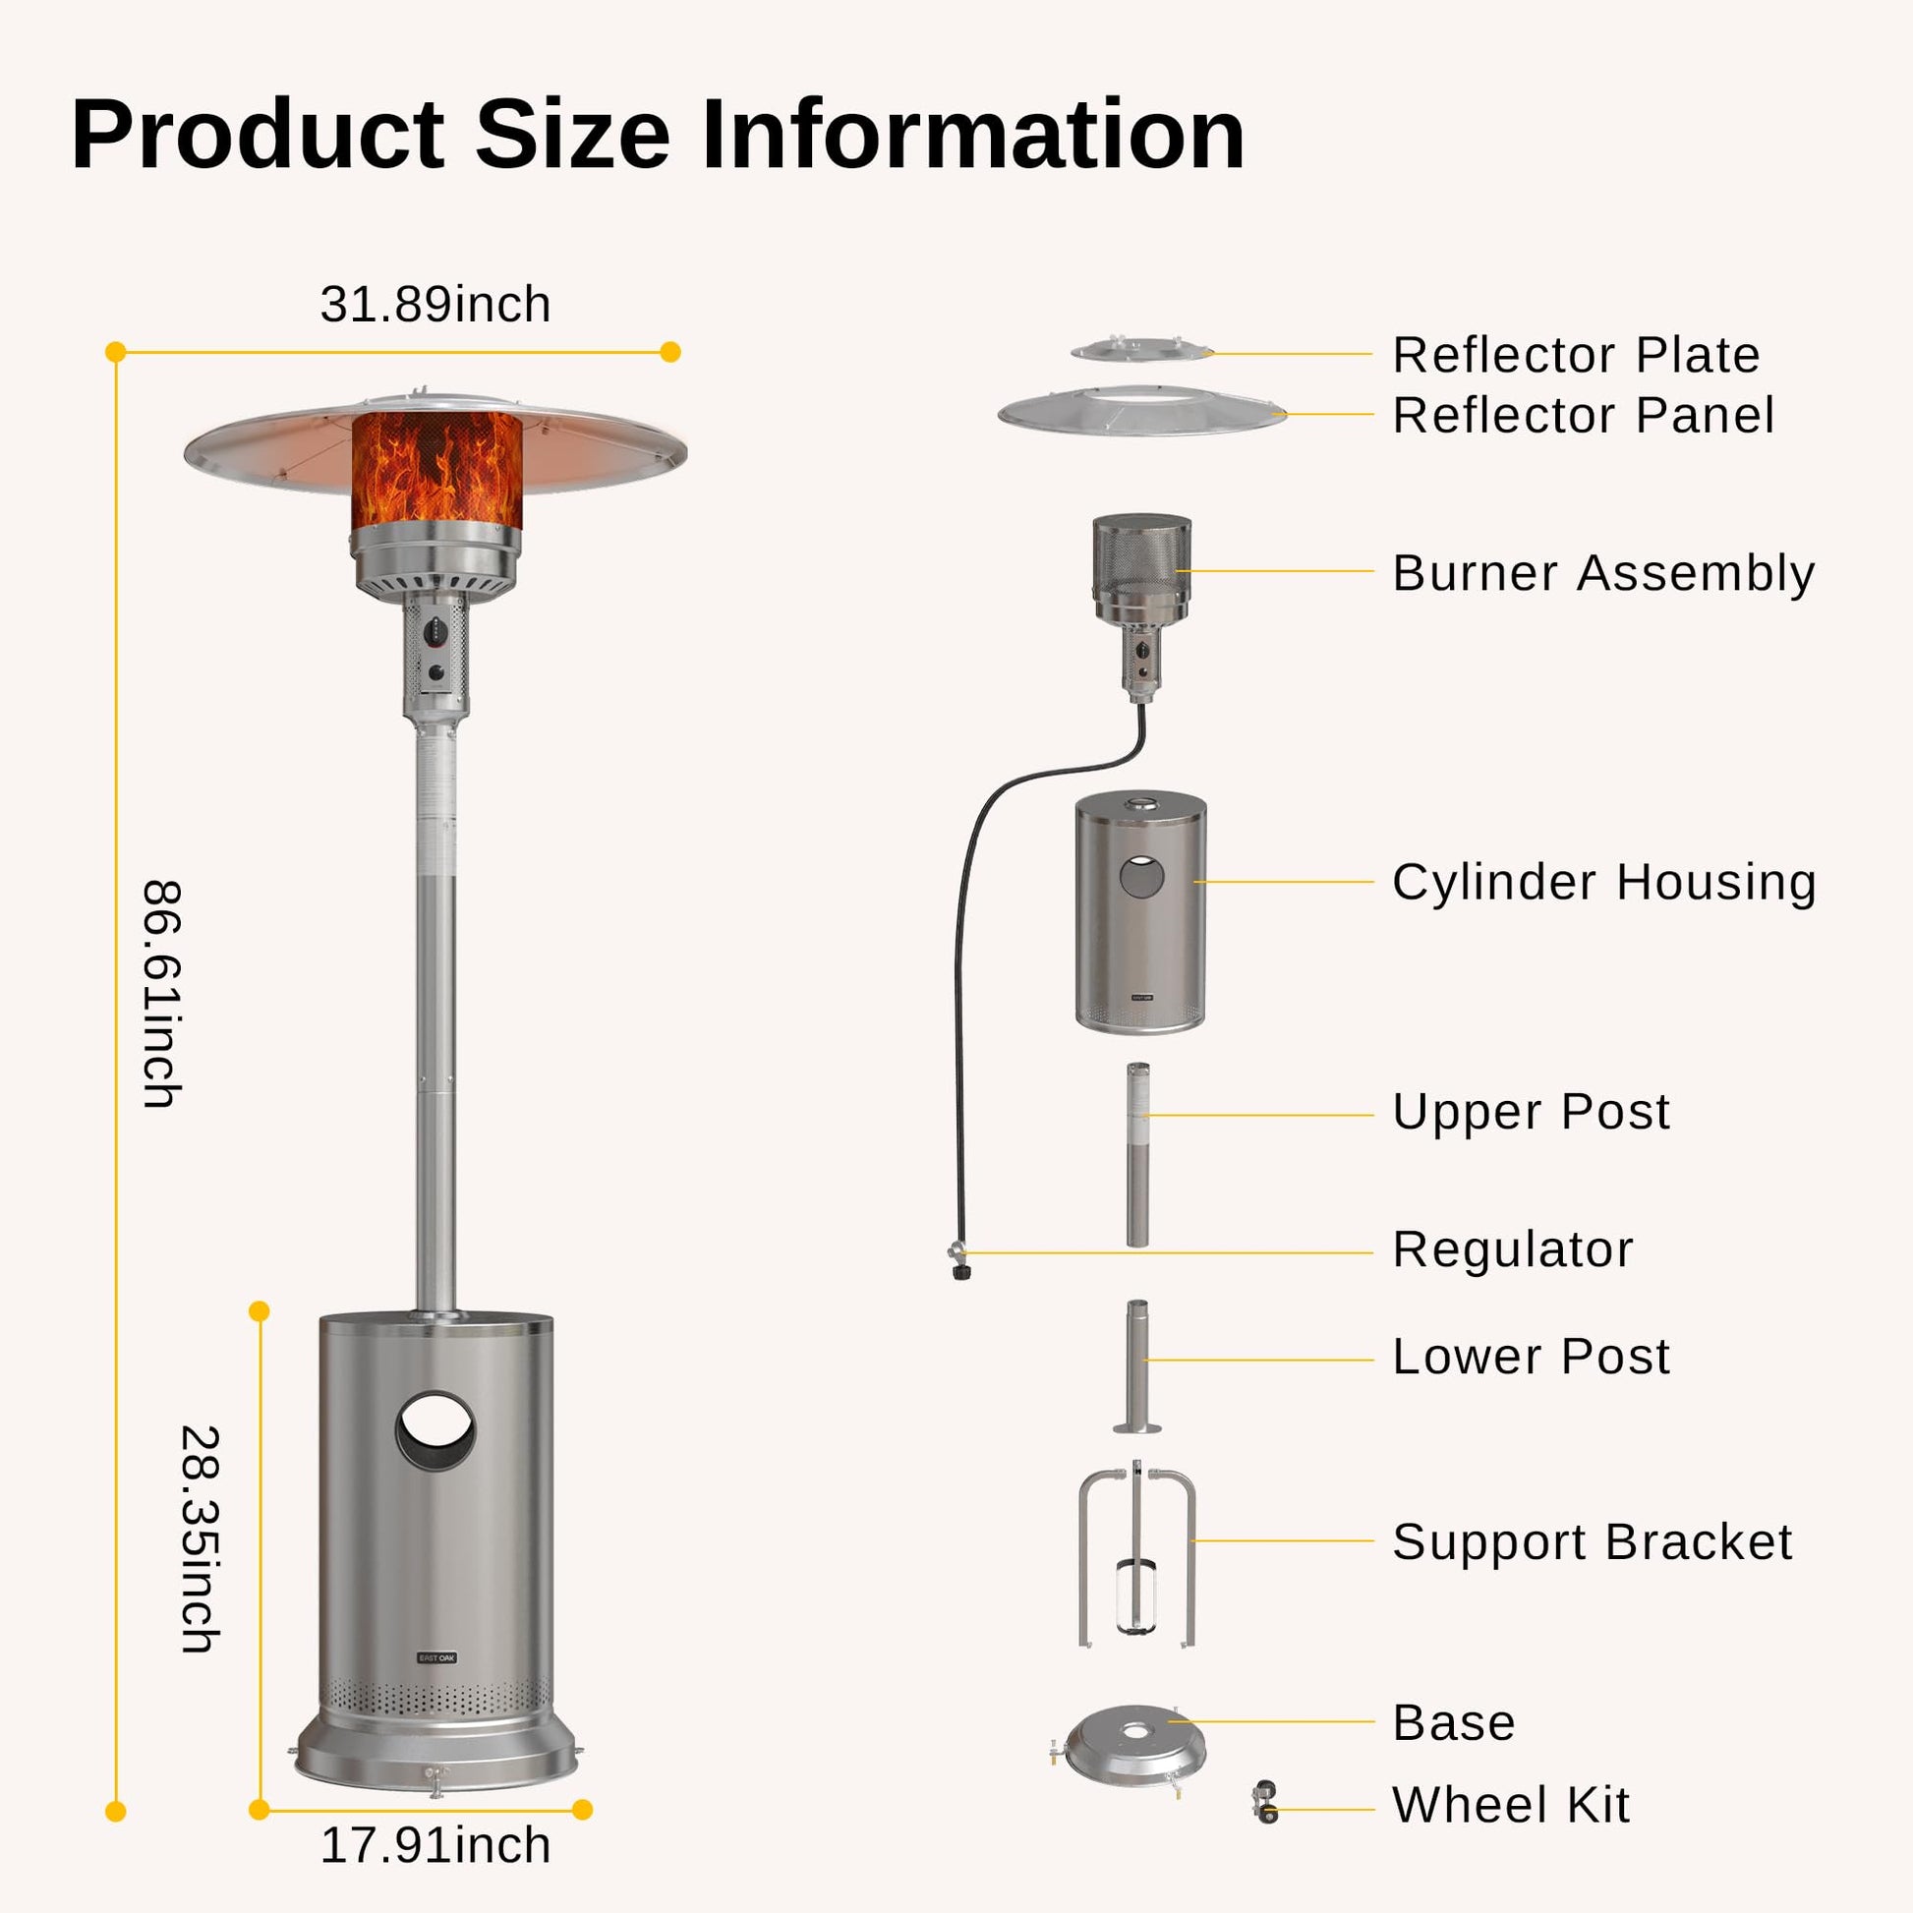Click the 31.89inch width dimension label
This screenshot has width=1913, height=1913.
point(435,304)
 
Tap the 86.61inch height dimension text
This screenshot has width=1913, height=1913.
point(161,993)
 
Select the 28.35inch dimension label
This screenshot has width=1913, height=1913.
point(199,1539)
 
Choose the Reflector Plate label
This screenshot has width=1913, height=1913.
point(1576,355)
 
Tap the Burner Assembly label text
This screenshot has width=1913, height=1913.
point(1603,572)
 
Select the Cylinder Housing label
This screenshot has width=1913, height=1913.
point(1604,881)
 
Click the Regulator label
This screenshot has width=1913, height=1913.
point(1512,1248)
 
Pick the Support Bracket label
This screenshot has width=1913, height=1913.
point(1592,1540)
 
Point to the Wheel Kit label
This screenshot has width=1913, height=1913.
point(1510,1804)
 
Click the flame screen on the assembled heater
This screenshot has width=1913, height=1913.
point(436,469)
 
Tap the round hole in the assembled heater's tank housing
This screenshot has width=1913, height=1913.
point(435,1431)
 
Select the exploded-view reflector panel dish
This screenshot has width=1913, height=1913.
point(1140,412)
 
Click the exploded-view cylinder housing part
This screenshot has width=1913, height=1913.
point(1140,912)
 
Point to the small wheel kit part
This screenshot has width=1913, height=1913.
point(1265,1801)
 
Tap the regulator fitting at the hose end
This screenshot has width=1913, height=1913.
point(957,1262)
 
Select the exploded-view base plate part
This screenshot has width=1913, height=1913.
point(1135,1758)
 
